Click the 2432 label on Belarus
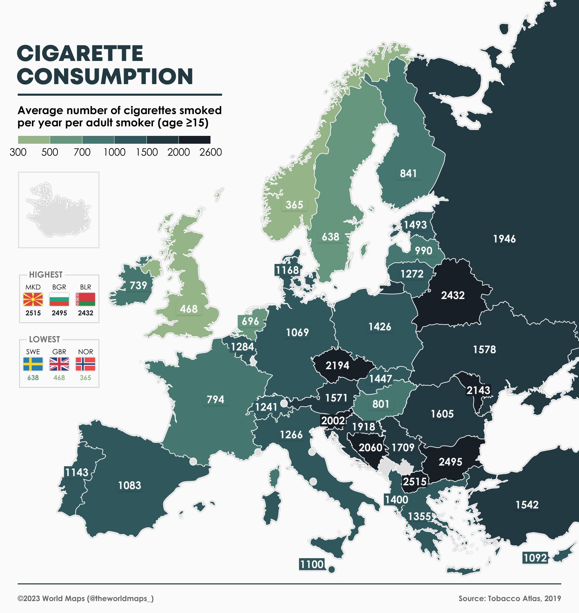(453, 295)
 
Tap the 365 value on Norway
(294, 205)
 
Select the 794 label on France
(215, 399)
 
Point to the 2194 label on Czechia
(337, 365)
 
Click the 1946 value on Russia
(504, 239)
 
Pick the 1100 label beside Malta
(312, 564)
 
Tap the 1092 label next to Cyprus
(535, 558)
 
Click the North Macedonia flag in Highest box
(33, 299)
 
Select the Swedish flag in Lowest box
(33, 364)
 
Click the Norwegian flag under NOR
(85, 364)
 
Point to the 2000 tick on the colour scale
(178, 152)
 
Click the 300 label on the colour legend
(18, 152)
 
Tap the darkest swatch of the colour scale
(194, 140)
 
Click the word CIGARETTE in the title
(80, 54)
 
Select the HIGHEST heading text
(46, 274)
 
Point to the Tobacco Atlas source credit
(510, 598)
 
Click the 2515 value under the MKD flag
(33, 313)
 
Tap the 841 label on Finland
(408, 173)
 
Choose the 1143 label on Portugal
(77, 472)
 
